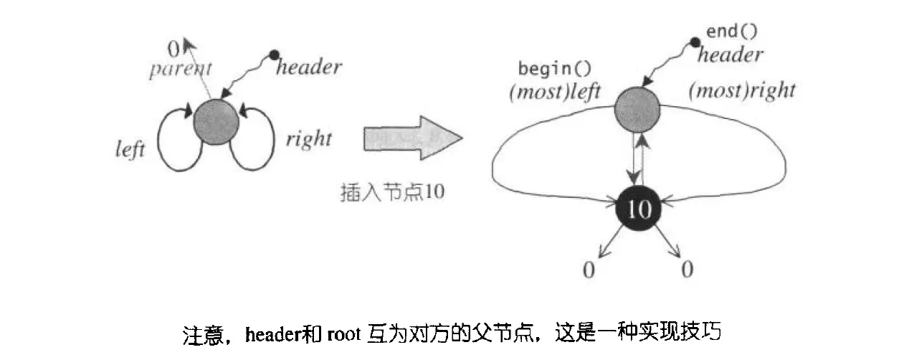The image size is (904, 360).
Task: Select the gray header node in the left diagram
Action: click(217, 123)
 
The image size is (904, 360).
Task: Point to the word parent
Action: click(181, 70)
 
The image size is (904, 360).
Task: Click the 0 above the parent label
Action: click(173, 49)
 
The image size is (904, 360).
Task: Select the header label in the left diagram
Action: click(308, 67)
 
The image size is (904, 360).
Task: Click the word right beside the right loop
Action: click(308, 138)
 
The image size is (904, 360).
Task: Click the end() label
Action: click(731, 32)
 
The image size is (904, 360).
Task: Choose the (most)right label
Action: click(741, 91)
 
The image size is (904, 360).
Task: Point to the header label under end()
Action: click(730, 54)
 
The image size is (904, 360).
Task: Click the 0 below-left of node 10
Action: click(589, 270)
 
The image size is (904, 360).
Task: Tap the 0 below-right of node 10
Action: click(687, 270)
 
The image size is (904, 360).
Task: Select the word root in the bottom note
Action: click(346, 333)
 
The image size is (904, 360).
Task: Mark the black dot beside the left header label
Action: click(273, 55)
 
